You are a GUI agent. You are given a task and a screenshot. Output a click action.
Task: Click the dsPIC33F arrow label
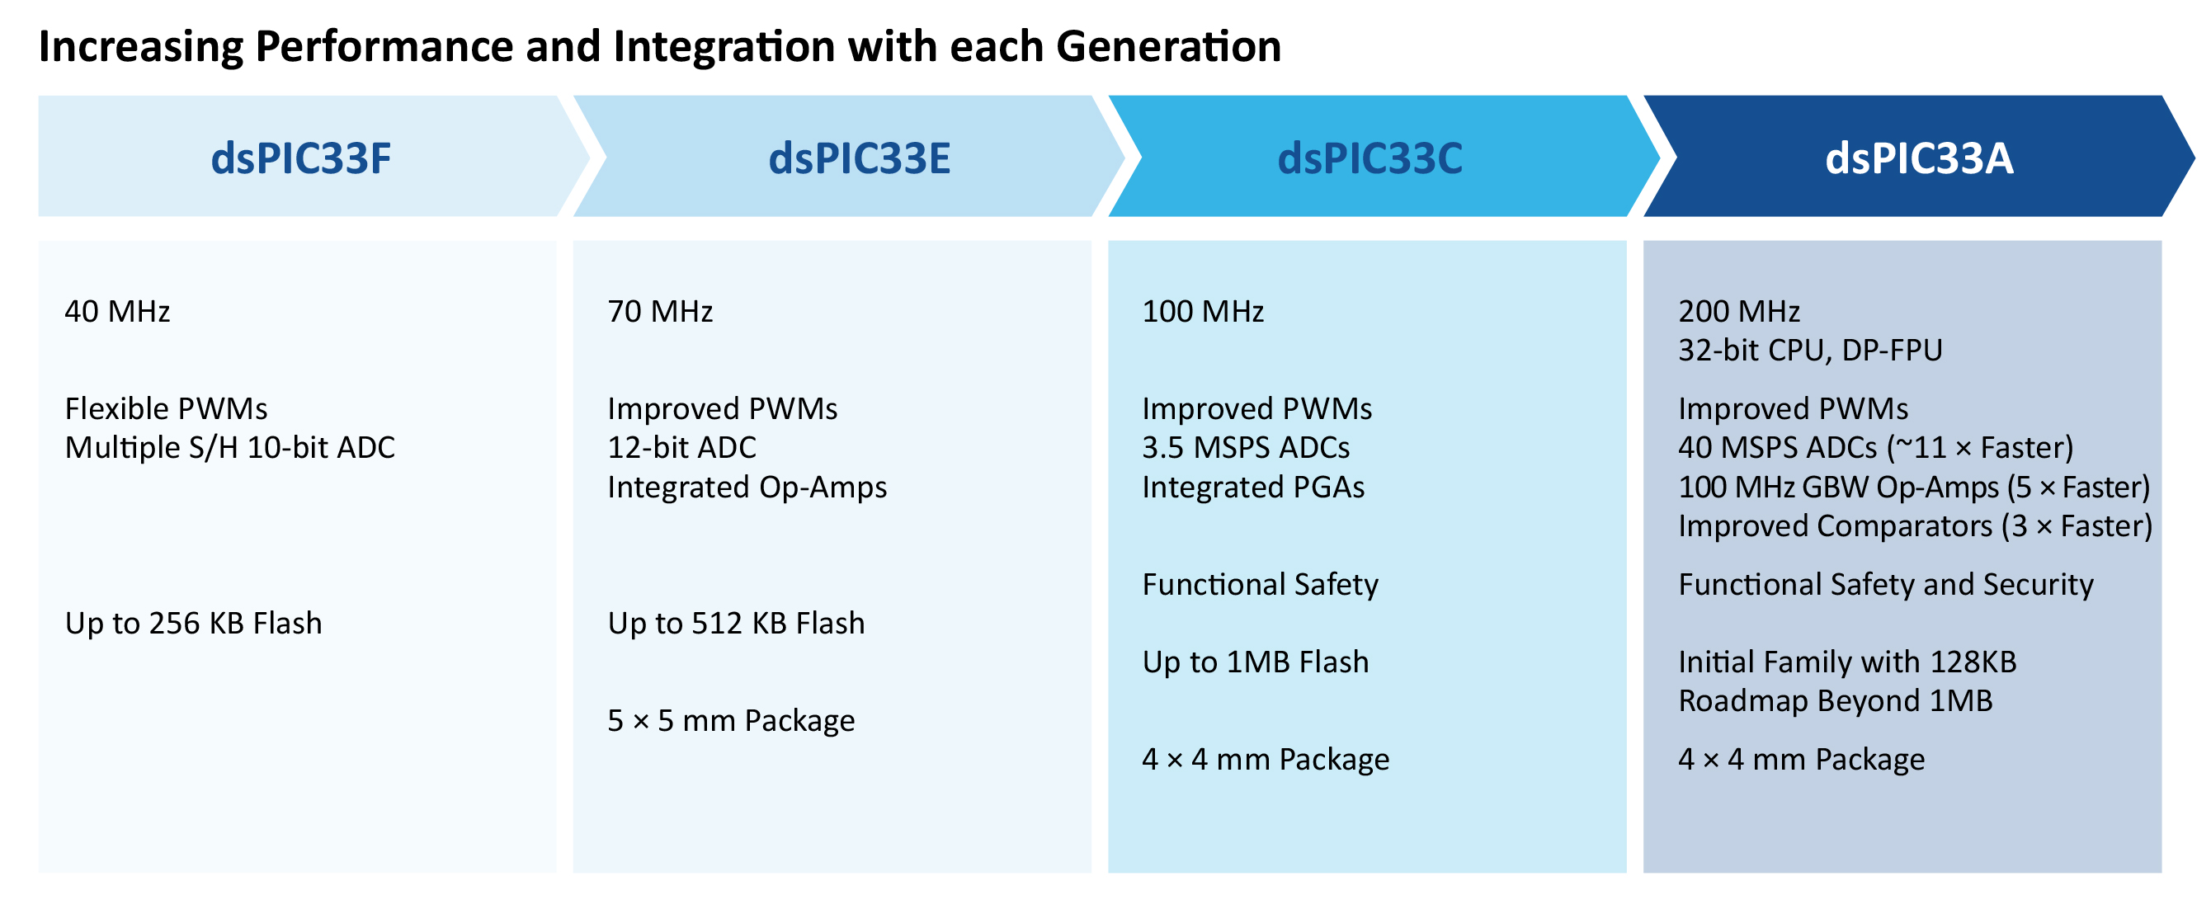click(301, 158)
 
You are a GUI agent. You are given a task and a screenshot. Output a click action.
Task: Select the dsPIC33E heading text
click(859, 158)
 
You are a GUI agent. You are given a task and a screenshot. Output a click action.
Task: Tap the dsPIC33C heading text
click(1369, 158)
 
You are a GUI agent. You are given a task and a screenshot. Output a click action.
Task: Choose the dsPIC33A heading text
click(1919, 158)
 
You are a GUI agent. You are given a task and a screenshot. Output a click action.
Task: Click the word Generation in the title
click(1169, 46)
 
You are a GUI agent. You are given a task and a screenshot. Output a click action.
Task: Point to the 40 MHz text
click(118, 312)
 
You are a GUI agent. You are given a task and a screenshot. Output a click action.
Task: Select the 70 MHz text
click(660, 312)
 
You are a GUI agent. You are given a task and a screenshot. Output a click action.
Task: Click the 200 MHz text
click(1739, 312)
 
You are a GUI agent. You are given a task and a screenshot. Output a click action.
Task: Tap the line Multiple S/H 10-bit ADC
click(230, 448)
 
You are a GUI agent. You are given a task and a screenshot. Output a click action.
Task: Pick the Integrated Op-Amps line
click(747, 488)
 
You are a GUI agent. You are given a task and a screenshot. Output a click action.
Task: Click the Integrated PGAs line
click(1253, 488)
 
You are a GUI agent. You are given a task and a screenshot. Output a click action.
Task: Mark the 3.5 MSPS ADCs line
click(1246, 448)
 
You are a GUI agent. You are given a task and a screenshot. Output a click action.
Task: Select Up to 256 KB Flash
click(193, 624)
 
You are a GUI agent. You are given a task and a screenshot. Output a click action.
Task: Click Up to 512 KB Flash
click(736, 624)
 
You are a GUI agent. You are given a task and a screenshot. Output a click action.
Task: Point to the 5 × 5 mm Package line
click(730, 721)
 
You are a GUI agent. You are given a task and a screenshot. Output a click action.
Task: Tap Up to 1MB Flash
click(1255, 662)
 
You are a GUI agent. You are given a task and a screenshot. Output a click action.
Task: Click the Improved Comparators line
click(1915, 526)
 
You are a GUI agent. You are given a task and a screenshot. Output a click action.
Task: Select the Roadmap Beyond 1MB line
click(1835, 701)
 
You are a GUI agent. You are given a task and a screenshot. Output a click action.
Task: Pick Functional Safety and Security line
click(1886, 584)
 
